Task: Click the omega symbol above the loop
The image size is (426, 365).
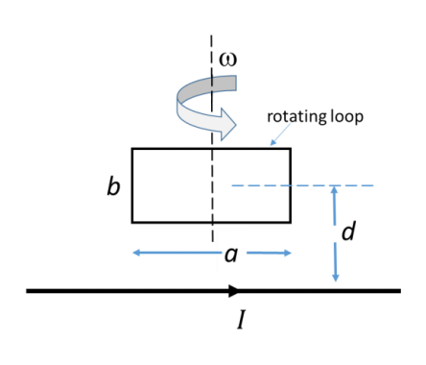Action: click(x=228, y=60)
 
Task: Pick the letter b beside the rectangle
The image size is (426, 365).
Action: click(x=113, y=186)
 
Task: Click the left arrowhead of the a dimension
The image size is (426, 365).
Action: click(x=136, y=253)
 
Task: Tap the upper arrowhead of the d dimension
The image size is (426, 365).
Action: click(x=334, y=190)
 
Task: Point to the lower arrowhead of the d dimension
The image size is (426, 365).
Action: click(x=334, y=278)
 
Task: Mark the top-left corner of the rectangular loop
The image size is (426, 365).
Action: click(x=132, y=149)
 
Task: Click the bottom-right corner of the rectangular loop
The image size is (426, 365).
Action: click(x=290, y=223)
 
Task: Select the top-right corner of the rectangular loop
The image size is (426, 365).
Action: click(x=290, y=149)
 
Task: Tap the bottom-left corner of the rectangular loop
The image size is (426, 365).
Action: click(x=132, y=223)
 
